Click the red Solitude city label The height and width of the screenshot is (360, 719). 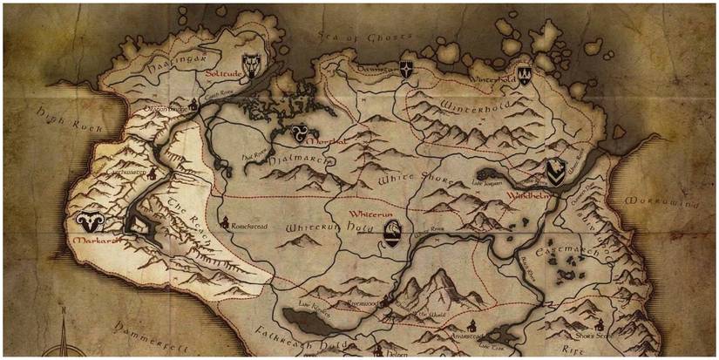[224, 74]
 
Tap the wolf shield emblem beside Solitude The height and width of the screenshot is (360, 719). [254, 64]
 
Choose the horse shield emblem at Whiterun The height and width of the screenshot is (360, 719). [394, 232]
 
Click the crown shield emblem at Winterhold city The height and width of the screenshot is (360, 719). [524, 75]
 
